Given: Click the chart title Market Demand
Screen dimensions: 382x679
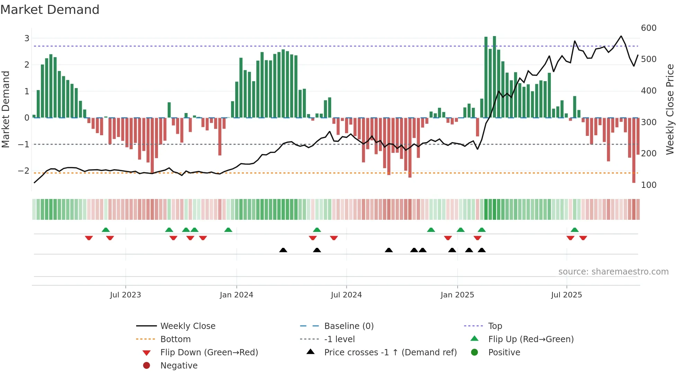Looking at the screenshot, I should click(x=50, y=9).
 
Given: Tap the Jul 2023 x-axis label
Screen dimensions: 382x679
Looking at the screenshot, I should click(x=125, y=295).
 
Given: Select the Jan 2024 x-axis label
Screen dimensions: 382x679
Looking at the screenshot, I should click(x=236, y=295).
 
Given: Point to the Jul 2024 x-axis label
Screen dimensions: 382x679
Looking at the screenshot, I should click(x=346, y=295).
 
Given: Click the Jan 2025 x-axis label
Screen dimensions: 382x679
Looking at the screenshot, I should click(x=457, y=295).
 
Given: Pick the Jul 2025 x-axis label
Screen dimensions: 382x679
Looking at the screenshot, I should click(x=566, y=295).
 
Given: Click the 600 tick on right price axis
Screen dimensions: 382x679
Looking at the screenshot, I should click(x=649, y=28).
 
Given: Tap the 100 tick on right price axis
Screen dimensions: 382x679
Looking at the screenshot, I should click(x=649, y=185).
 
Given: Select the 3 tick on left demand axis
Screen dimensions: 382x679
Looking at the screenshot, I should click(x=27, y=38).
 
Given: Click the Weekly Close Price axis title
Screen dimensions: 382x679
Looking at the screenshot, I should click(x=670, y=109).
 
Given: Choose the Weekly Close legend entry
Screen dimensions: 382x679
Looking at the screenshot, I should click(x=187, y=326).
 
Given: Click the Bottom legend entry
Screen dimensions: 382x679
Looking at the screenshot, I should click(x=175, y=339).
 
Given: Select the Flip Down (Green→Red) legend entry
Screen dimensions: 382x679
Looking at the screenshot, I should click(x=209, y=352).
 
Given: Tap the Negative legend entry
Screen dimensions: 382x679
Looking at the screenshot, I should click(x=179, y=365).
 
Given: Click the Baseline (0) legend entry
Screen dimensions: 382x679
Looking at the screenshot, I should click(x=349, y=326).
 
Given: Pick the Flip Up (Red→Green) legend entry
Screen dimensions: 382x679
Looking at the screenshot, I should click(x=531, y=339).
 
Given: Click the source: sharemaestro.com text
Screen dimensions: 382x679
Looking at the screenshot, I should click(x=613, y=271).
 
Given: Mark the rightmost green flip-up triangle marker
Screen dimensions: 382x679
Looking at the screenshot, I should click(x=574, y=230).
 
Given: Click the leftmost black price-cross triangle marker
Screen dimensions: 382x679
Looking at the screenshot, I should click(x=283, y=250).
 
